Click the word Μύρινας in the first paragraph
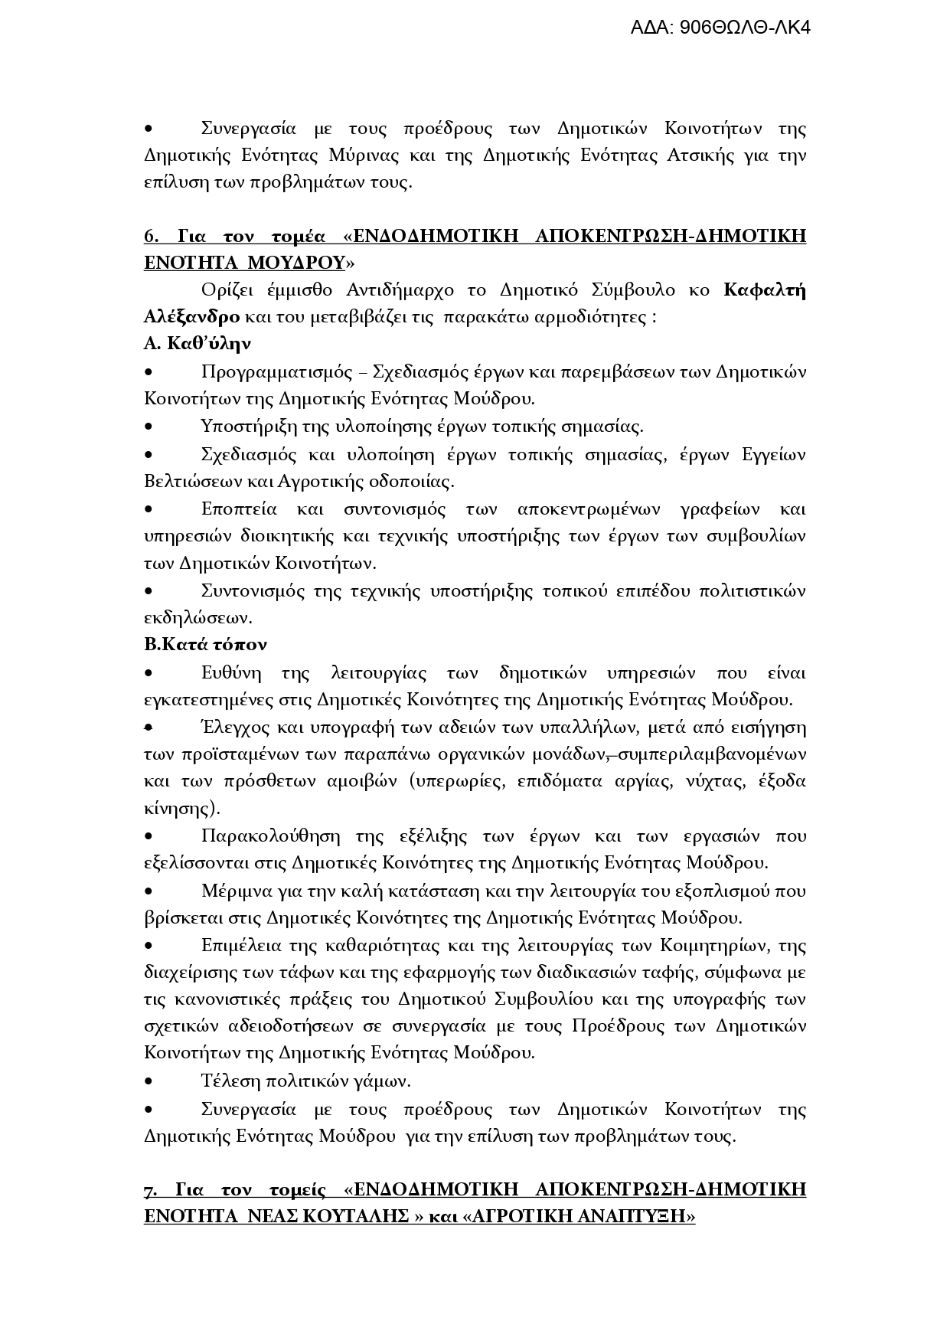tap(366, 155)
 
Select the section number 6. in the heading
tap(151, 235)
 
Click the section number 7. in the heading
tap(151, 1189)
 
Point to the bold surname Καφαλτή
tap(764, 290)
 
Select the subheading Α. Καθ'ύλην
tap(198, 343)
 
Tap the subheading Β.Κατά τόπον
tap(205, 644)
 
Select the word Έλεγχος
tap(233, 727)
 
